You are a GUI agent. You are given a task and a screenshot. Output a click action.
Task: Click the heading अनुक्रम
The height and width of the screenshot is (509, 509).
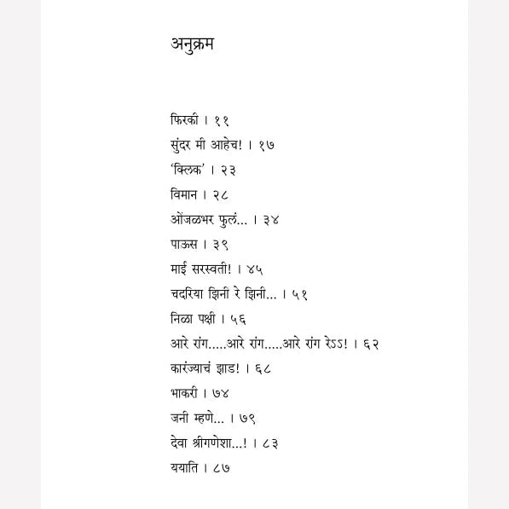click(192, 44)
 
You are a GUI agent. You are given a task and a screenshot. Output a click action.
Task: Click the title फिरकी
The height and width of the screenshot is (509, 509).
click(184, 120)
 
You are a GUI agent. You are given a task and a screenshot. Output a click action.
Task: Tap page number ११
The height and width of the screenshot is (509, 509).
click(221, 120)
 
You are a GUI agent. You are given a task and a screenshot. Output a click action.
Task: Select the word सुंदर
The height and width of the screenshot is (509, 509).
click(183, 145)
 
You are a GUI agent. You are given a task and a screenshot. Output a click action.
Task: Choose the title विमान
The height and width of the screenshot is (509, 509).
click(185, 194)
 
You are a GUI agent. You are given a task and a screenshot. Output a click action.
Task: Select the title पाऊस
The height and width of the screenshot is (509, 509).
click(183, 244)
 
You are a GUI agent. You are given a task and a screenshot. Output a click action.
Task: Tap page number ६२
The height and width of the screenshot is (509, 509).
click(371, 344)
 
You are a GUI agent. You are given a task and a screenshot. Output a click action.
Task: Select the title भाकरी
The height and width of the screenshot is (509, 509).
click(185, 393)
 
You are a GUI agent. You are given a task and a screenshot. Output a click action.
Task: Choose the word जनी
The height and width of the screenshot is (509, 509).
click(180, 418)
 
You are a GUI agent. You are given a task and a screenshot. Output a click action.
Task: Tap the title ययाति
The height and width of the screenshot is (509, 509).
click(184, 467)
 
